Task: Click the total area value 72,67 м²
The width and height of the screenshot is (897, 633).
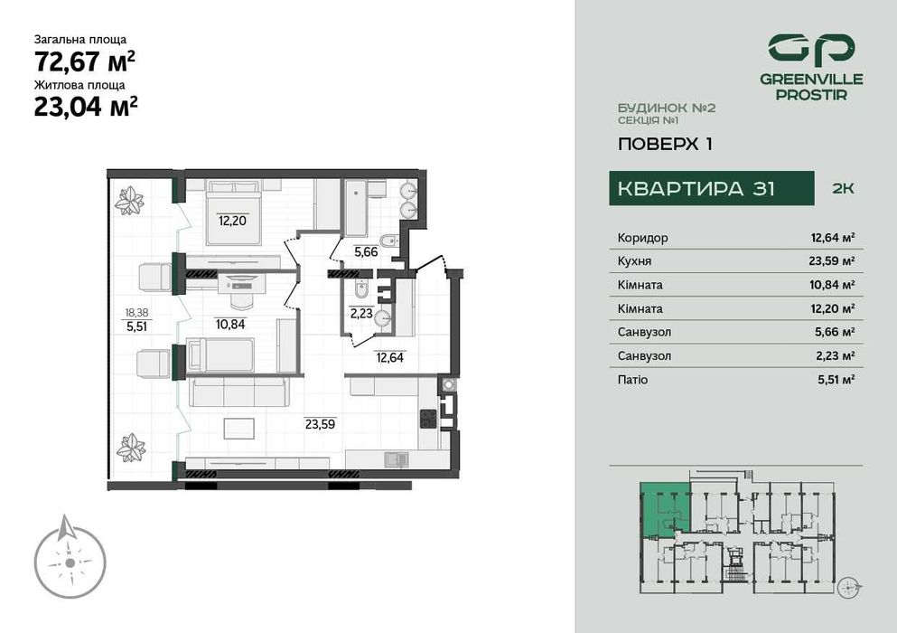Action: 85,61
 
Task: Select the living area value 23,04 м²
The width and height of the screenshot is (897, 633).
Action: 85,107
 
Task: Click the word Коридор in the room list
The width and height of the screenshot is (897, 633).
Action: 643,238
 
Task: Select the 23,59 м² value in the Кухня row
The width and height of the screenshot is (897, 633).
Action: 832,261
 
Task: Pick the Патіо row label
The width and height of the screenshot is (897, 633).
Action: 632,380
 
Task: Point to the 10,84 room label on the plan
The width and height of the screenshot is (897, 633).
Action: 230,323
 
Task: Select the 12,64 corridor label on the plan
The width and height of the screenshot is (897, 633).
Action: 390,356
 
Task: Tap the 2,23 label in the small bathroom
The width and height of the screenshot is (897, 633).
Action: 360,315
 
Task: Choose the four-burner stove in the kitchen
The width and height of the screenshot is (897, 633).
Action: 428,418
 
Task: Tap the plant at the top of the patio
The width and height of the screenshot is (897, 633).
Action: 129,201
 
